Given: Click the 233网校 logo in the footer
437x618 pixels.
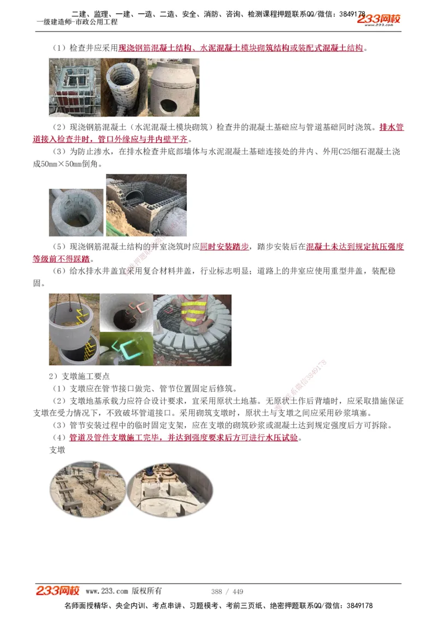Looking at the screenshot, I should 58,591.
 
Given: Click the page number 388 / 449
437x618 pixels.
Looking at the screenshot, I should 227,591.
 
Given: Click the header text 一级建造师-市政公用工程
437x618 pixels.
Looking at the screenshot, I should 76,22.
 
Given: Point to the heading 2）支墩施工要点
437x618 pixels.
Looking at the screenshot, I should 79,377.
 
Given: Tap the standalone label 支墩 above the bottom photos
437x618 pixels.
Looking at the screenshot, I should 57,450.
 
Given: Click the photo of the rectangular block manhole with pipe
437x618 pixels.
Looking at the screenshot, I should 146,205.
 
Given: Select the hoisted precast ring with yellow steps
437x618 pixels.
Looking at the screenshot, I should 74,330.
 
